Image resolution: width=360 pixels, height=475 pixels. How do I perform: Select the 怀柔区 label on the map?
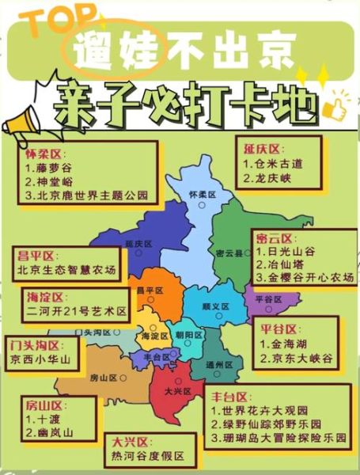tap(203, 194)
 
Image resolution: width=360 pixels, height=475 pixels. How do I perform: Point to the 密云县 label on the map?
tap(230, 253)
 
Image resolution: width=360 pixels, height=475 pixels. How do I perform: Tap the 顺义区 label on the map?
tap(215, 306)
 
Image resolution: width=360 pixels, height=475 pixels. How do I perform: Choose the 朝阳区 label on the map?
tap(188, 335)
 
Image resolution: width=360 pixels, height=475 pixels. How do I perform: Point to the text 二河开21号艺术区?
tap(75, 311)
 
